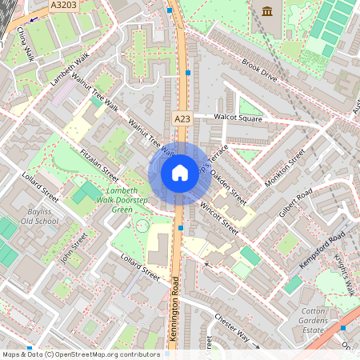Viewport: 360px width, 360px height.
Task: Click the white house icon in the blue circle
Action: [x=180, y=172]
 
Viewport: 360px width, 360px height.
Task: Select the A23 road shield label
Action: [x=182, y=118]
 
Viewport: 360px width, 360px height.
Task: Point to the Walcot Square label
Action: [x=238, y=118]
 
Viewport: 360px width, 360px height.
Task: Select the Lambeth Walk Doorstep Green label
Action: [x=122, y=200]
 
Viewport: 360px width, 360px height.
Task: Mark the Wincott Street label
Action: [x=218, y=218]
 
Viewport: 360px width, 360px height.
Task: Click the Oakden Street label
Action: [x=227, y=186]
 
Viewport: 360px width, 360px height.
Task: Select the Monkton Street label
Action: [x=286, y=169]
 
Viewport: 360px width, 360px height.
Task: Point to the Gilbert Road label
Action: [x=295, y=206]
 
